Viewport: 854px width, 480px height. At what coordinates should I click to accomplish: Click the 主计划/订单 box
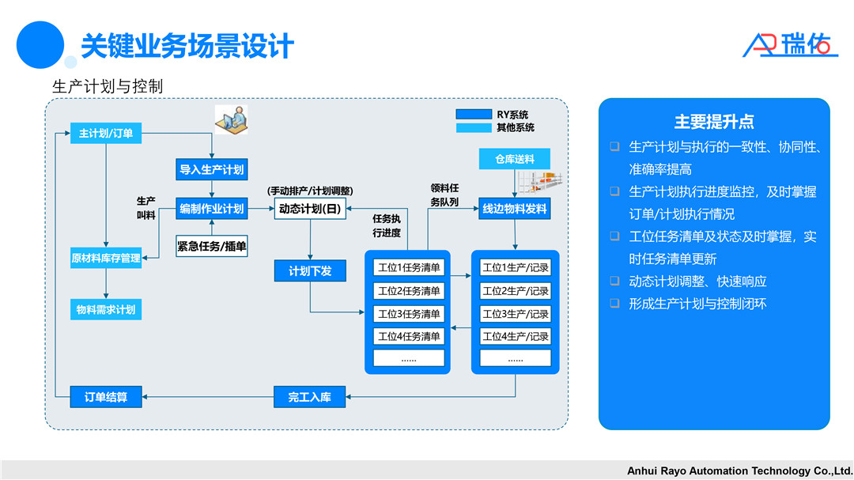[106, 134]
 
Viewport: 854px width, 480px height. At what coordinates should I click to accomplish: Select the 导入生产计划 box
[211, 169]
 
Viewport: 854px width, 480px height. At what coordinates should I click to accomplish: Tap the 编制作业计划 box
[211, 209]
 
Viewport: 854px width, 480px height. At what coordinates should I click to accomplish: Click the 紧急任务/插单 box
[211, 246]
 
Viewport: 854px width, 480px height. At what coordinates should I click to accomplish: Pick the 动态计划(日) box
[310, 210]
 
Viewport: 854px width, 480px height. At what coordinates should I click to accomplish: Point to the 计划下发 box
[310, 271]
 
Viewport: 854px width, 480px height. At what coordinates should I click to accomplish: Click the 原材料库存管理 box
[106, 258]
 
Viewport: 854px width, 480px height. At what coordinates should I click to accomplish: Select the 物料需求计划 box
[106, 310]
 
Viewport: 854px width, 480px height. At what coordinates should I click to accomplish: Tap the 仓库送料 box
[515, 159]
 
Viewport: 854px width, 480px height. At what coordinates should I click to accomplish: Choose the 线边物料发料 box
[515, 209]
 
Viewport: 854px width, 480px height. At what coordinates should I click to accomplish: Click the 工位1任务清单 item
[410, 268]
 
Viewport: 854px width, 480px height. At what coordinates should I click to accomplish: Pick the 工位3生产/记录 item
[516, 314]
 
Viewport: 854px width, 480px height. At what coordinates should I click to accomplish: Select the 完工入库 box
[310, 397]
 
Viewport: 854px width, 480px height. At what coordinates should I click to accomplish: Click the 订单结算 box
[106, 397]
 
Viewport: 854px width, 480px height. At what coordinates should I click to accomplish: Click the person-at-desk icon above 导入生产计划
[231, 119]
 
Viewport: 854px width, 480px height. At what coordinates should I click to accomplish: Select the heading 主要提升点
[714, 122]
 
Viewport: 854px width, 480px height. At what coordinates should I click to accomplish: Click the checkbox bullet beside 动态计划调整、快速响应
[614, 281]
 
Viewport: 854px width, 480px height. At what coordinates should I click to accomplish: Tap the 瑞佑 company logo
[789, 45]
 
